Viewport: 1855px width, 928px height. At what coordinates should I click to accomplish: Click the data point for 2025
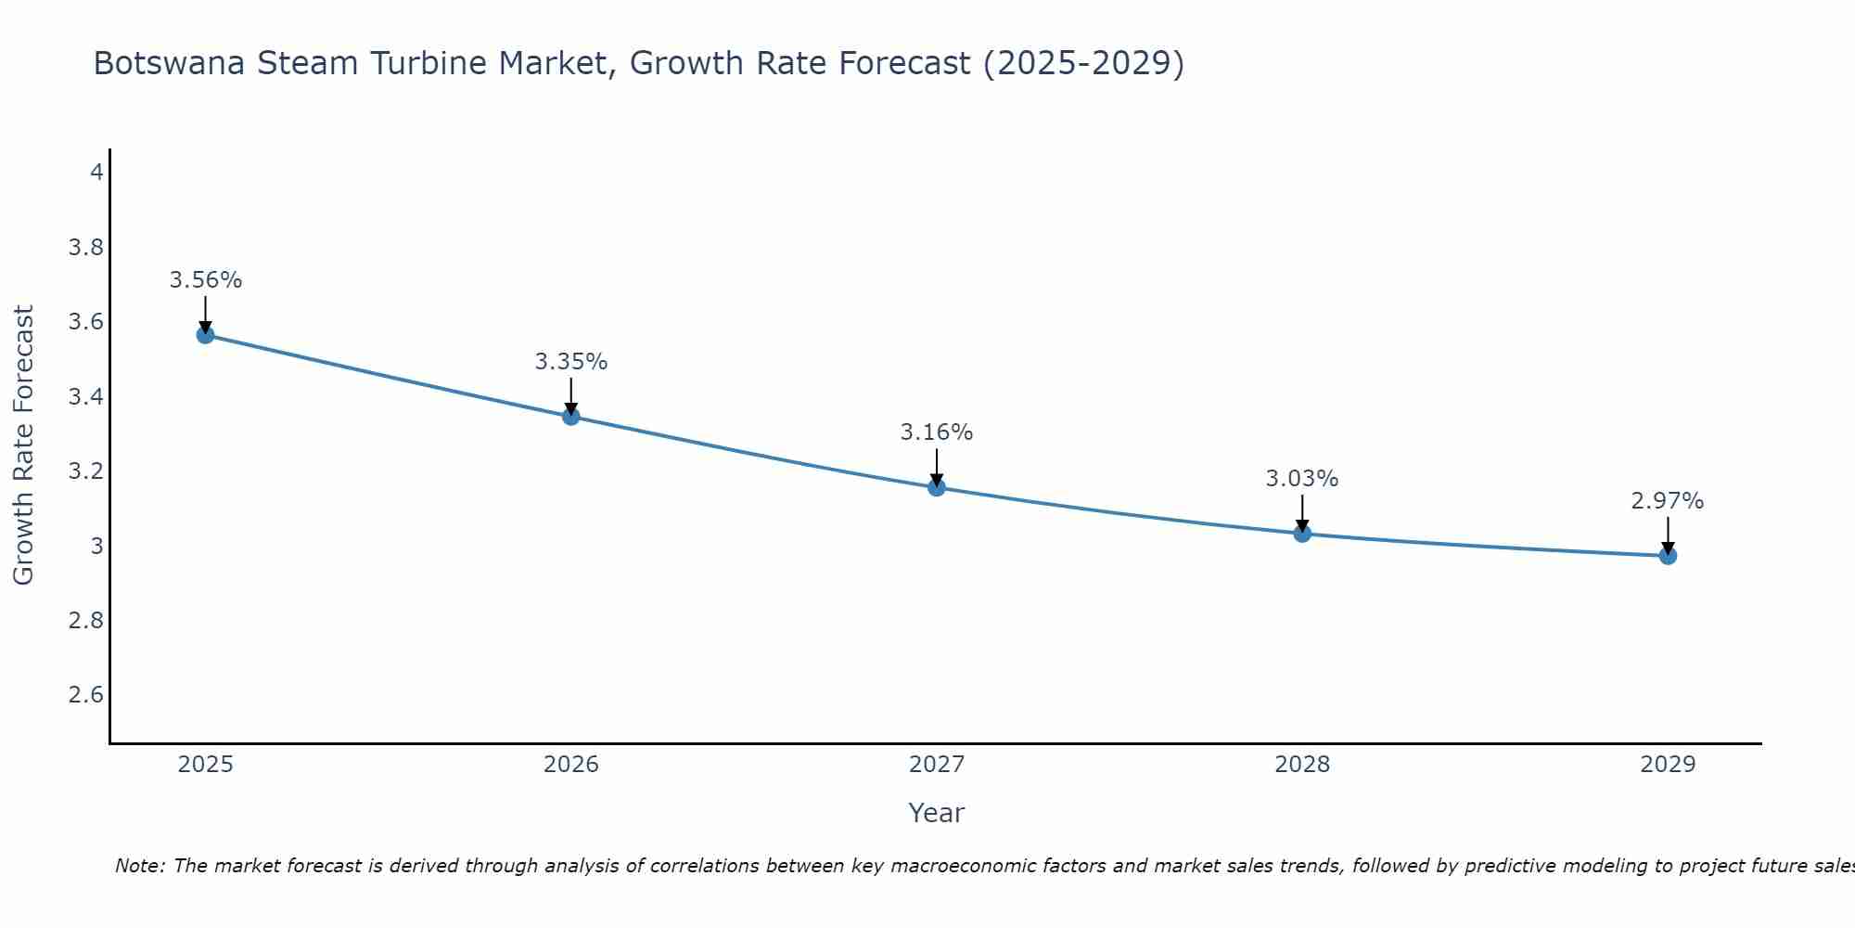[206, 334]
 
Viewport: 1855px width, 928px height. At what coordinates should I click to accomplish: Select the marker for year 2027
[937, 487]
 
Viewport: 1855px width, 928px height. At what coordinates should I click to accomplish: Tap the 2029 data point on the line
[1668, 556]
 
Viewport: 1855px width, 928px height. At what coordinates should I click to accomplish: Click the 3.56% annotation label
[206, 280]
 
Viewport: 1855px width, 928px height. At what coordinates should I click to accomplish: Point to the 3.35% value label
[571, 362]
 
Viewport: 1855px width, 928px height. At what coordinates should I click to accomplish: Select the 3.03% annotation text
[1302, 479]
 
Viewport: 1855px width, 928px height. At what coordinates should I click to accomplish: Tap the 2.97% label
[1668, 501]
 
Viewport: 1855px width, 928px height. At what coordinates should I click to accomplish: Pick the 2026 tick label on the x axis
[571, 765]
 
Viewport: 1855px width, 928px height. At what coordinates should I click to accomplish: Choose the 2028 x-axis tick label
[1302, 765]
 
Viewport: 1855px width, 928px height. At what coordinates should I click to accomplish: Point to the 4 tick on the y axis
[96, 173]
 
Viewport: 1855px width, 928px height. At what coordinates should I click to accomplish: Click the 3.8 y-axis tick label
[86, 248]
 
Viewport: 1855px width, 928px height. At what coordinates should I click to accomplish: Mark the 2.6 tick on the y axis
[86, 695]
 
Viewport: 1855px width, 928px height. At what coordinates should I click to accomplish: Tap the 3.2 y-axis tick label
[86, 471]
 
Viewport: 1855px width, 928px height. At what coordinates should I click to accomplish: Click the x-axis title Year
[937, 813]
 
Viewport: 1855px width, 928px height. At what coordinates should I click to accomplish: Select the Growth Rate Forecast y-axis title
[23, 445]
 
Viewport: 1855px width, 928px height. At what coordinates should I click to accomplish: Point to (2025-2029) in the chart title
[1083, 64]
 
